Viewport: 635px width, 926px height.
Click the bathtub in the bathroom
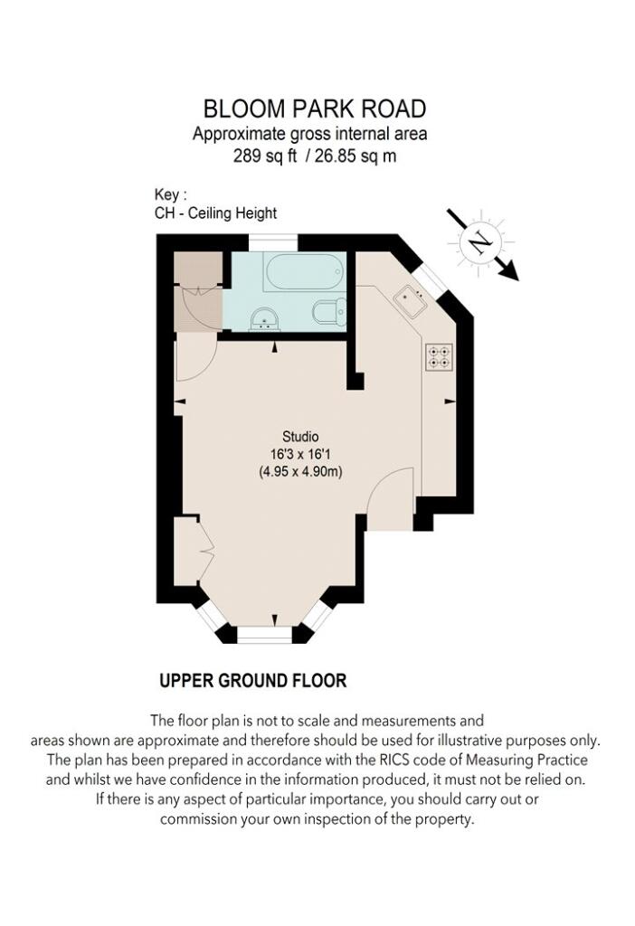click(304, 272)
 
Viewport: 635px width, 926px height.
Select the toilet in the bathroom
click(330, 311)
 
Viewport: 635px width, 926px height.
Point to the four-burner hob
click(439, 356)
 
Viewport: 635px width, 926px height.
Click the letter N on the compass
click(481, 241)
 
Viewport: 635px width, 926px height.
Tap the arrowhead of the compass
click(508, 271)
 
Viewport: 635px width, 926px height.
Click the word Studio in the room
click(300, 437)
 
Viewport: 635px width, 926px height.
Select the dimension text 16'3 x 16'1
click(300, 454)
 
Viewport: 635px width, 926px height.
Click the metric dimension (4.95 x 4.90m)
click(300, 472)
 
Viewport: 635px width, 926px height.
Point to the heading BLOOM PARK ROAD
click(314, 109)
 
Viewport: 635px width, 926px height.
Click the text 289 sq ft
click(265, 156)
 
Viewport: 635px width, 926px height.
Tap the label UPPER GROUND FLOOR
click(252, 680)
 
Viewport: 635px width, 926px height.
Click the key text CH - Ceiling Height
click(215, 213)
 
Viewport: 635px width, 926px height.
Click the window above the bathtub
click(272, 242)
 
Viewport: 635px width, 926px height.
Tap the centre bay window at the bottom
click(265, 634)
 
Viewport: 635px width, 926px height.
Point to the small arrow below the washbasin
click(274, 348)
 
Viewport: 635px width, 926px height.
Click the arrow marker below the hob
click(450, 402)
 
